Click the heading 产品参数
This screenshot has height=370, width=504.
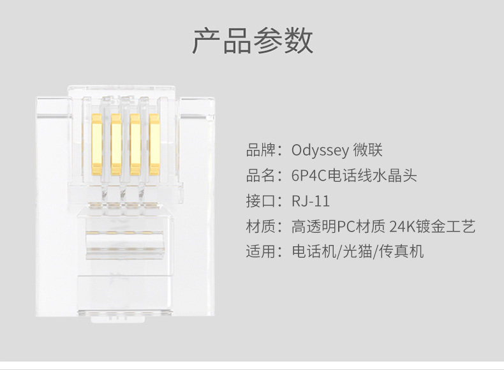point(252,40)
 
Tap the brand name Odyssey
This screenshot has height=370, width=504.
point(320,151)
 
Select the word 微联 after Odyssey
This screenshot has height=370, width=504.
point(367,151)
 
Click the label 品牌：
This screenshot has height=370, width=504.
point(265,151)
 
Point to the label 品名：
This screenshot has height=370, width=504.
point(265,176)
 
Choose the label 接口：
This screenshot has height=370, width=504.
point(265,201)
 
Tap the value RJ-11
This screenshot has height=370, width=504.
point(311,201)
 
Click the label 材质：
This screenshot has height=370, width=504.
point(265,226)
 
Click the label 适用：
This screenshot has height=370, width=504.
point(265,251)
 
